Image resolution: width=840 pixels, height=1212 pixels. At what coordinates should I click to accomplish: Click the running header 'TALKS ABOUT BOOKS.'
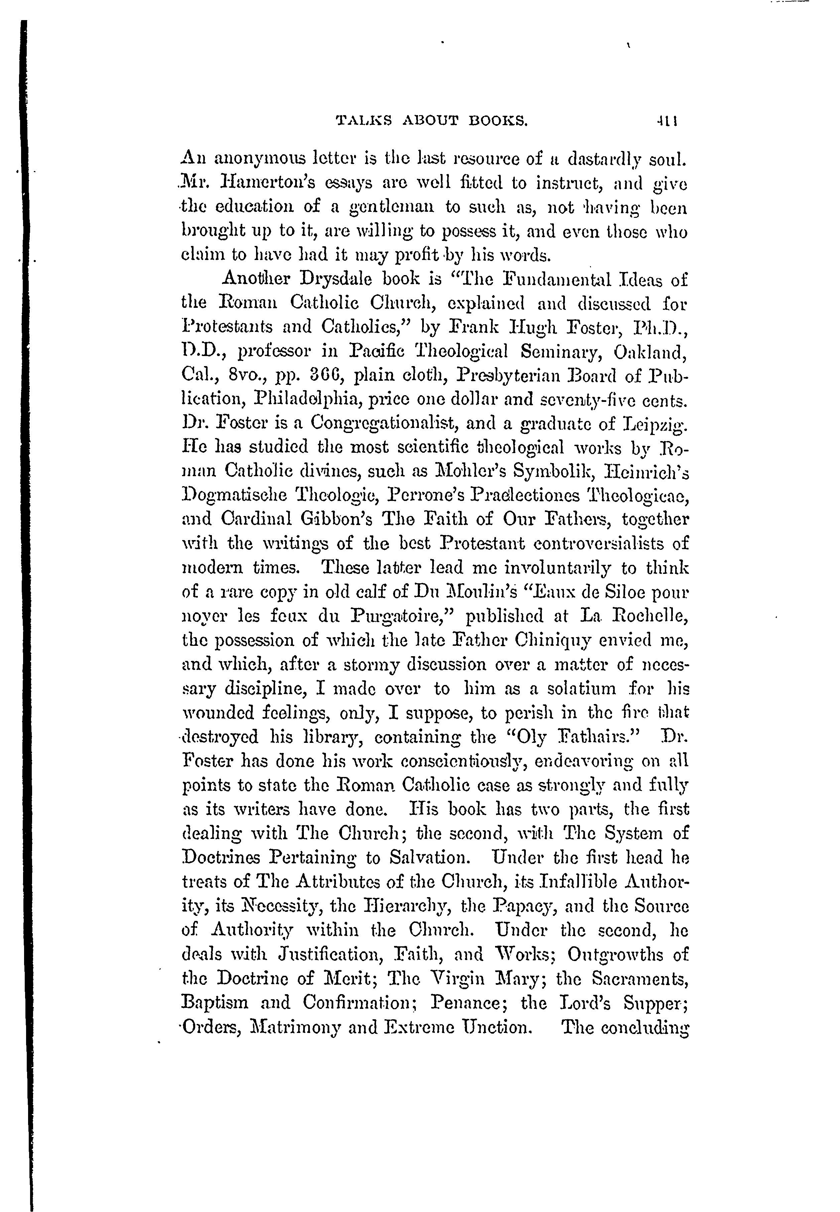pyautogui.click(x=432, y=122)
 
